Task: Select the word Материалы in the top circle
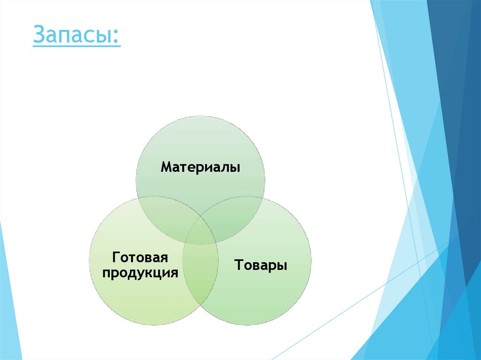click(201, 167)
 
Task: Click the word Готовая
click(140, 258)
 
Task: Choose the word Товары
click(261, 265)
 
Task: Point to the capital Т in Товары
click(238, 265)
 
